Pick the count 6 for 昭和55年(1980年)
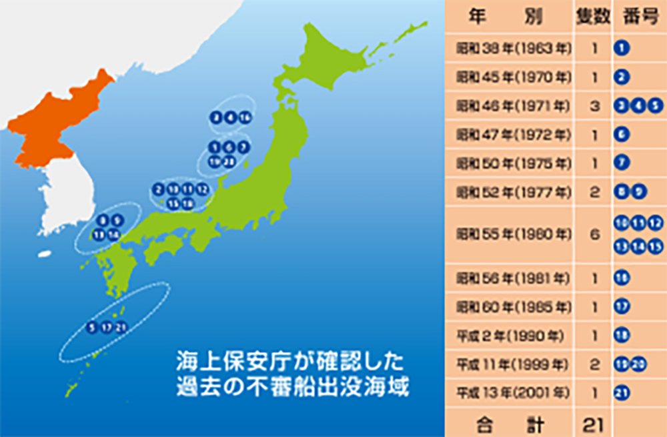tap(593, 235)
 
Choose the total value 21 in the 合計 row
tap(593, 422)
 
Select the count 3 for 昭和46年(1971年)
tap(593, 106)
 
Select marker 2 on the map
tap(159, 189)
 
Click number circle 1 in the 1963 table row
tap(621, 49)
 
